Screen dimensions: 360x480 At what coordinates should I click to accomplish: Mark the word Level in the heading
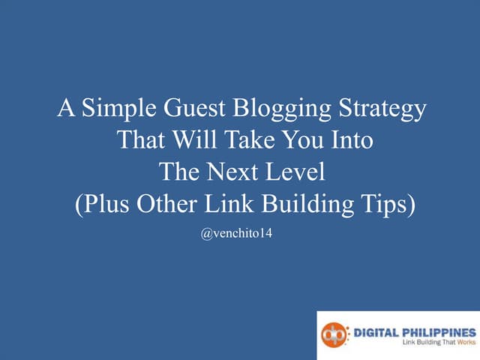pos(296,172)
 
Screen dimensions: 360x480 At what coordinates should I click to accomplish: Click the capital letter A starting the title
pos(65,110)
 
